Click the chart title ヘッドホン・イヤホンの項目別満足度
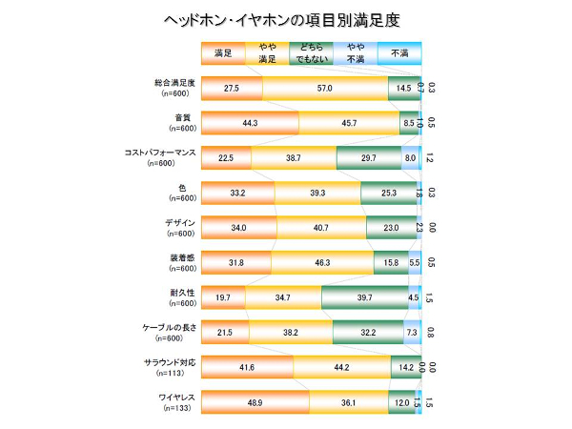(286, 18)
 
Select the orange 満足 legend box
(223, 54)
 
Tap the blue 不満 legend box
(398, 54)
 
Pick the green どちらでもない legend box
(311, 54)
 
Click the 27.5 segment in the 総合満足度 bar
(232, 89)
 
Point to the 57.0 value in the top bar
(324, 89)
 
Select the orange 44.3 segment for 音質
(251, 123)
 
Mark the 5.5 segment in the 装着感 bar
(414, 262)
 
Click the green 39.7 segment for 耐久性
(363, 297)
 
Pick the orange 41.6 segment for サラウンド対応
(247, 366)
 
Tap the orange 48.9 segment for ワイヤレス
(255, 401)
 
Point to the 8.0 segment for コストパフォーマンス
(410, 158)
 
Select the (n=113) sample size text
(179, 373)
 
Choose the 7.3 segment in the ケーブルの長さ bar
(410, 332)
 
